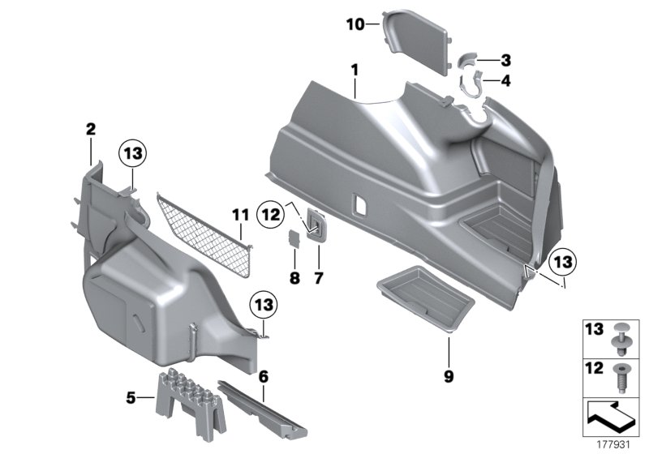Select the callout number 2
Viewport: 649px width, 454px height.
(91, 129)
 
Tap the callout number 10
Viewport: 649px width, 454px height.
(355, 24)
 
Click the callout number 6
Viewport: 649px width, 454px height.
(264, 375)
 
